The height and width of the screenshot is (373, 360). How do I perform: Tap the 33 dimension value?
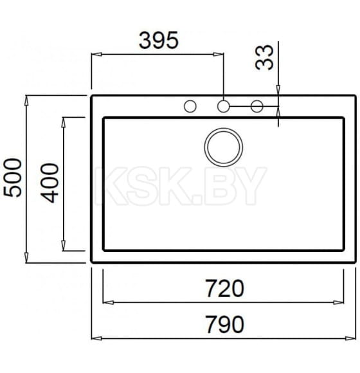264,57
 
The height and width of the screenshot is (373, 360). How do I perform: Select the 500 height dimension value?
12,178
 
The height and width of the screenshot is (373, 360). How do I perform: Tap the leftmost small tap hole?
190,107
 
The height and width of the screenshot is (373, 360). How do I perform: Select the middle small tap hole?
223,107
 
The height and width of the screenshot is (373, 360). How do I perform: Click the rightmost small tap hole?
256,107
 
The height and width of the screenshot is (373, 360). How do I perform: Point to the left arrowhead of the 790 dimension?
95,337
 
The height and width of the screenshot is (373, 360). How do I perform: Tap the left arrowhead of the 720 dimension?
108,301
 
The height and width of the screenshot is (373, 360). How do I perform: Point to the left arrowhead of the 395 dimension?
95,55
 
